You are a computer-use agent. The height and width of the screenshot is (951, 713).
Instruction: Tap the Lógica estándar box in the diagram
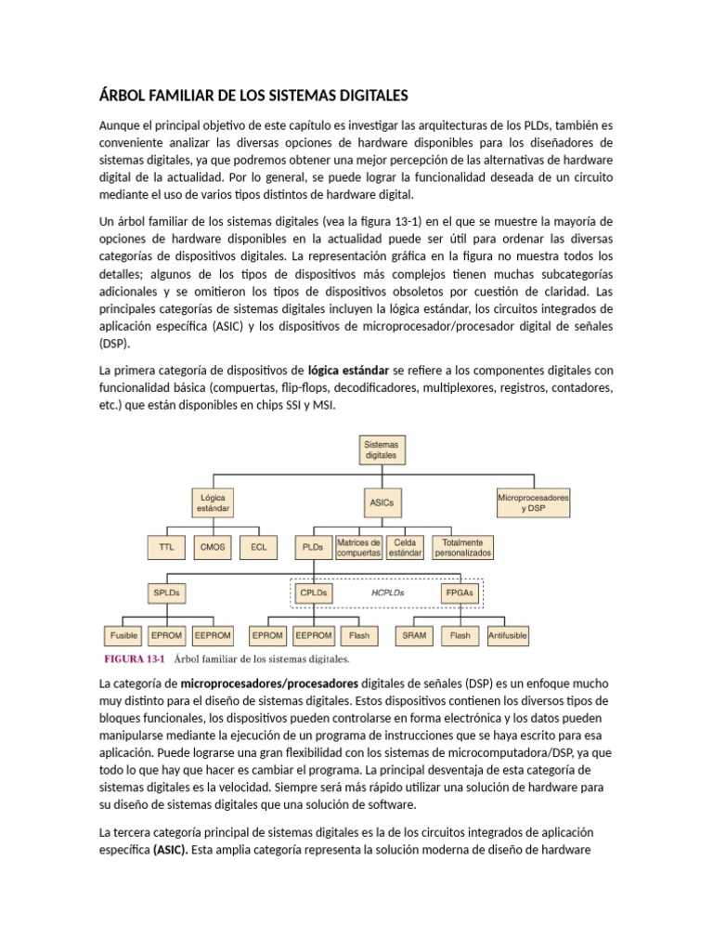212,502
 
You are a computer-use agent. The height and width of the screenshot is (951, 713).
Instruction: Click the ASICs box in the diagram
381,502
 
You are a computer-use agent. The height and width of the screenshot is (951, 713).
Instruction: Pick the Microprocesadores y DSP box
534,502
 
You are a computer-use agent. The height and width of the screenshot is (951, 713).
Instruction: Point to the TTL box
166,548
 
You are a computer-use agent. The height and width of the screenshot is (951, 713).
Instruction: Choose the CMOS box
213,548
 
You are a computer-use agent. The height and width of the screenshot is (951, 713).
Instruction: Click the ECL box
258,548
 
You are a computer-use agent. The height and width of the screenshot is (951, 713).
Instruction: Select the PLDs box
313,548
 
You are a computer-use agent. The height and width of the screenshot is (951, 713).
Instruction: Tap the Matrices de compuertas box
358,548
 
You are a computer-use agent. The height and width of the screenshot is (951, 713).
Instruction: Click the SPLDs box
166,592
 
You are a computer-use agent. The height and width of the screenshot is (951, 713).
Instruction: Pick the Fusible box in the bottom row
123,636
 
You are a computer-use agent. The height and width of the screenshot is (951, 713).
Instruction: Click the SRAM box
415,636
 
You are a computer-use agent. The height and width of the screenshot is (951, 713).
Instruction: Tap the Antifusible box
508,636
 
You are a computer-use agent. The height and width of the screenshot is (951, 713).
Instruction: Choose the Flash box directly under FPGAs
460,636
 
